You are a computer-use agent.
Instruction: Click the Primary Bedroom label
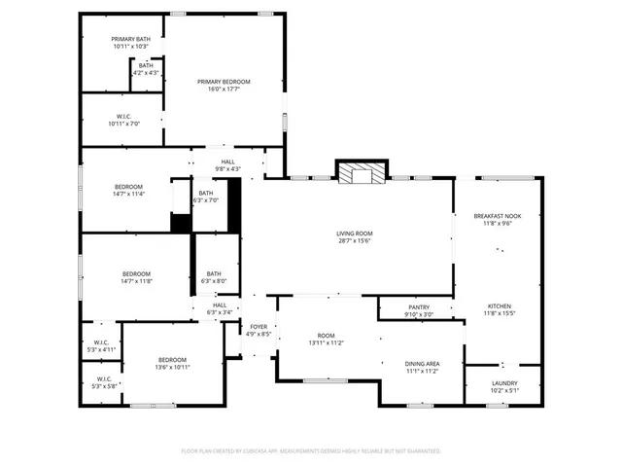tap(224, 82)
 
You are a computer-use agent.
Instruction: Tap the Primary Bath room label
tap(130, 39)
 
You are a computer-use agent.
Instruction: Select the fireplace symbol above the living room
tap(361, 172)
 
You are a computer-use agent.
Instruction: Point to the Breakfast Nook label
tap(498, 215)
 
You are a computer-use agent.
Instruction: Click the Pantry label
tap(419, 306)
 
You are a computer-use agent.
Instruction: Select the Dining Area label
tap(422, 364)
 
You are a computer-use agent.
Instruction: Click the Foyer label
tap(259, 327)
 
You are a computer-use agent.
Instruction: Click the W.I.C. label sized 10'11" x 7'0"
tap(124, 117)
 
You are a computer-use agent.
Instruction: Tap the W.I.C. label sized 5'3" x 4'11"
tap(101, 342)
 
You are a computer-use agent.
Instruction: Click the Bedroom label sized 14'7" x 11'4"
tap(129, 187)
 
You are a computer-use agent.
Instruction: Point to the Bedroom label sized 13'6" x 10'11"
tap(173, 359)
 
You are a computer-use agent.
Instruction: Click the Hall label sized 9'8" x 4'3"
tap(227, 162)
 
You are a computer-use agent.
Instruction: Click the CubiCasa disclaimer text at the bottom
tap(311, 451)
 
